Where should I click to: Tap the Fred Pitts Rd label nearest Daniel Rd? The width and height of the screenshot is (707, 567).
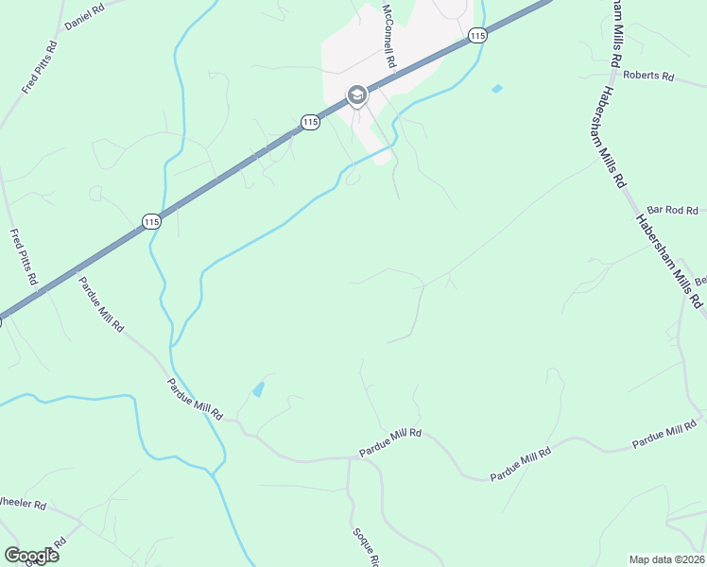click(40, 66)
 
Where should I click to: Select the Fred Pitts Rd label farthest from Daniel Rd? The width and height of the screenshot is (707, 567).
click(23, 257)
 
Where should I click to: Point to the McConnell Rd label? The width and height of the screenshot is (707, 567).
click(388, 35)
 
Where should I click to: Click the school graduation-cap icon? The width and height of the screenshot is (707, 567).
click(357, 95)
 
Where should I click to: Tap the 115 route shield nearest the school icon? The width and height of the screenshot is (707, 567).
click(310, 121)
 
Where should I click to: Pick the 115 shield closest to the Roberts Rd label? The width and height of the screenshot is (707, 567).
click(477, 35)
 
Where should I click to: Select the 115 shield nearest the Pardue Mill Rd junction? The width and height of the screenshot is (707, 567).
click(151, 221)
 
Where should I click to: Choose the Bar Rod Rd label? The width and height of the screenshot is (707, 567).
click(672, 211)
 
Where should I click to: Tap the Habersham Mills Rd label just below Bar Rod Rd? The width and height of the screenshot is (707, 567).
click(669, 262)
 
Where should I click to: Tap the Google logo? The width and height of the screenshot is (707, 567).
click(31, 556)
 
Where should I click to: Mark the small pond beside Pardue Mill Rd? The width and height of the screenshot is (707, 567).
click(258, 388)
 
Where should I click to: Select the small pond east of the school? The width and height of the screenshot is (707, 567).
click(497, 89)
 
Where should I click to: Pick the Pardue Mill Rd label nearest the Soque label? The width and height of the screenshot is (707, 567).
click(389, 444)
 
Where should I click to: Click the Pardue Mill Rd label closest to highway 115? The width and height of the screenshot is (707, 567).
click(101, 304)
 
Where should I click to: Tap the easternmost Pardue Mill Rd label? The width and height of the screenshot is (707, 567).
click(664, 438)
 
